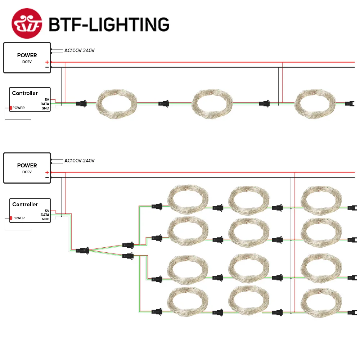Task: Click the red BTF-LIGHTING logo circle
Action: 27,23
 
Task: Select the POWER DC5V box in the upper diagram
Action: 27,58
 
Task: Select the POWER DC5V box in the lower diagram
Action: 27,168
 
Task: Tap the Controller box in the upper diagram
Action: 30,99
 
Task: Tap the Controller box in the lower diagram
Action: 30,210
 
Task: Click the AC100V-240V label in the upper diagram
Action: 79,50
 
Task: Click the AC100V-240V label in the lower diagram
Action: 79,161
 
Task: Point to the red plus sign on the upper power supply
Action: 47,62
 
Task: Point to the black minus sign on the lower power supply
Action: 47,177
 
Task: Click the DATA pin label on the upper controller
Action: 45,104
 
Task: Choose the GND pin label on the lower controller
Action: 45,219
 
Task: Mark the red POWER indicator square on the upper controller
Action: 11,108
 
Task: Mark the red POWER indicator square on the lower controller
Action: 11,218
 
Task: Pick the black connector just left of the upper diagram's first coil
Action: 81,104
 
